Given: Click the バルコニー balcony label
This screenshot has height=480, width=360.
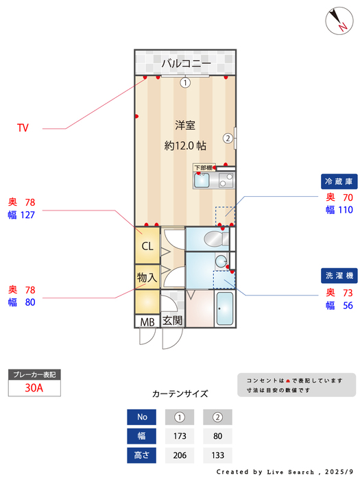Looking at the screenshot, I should [186, 64].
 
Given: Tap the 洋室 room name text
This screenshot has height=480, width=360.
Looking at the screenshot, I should [185, 125].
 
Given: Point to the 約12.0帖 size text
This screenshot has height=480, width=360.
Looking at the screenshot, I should [185, 145].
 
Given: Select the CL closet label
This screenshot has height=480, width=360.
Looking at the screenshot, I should [147, 246].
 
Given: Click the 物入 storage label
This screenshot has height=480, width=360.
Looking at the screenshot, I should [147, 278].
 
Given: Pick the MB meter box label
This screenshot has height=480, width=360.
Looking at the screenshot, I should [147, 321].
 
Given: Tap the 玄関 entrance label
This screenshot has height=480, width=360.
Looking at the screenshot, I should [172, 320].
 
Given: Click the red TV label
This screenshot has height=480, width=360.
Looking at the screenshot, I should [23, 128].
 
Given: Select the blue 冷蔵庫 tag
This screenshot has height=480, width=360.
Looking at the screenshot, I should [339, 182].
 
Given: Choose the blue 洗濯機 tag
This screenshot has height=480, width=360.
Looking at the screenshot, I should [339, 276].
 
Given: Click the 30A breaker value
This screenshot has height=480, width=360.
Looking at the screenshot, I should [34, 387].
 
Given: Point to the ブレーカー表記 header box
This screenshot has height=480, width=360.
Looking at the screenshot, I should [34, 374].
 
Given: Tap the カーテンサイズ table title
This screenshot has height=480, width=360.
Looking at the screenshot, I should [180, 394].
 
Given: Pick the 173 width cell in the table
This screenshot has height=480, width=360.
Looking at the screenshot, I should [180, 435].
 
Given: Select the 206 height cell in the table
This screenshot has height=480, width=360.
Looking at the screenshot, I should [180, 455].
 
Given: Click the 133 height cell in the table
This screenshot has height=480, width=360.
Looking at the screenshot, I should [218, 455].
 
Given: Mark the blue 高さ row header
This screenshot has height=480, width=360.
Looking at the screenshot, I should [142, 455].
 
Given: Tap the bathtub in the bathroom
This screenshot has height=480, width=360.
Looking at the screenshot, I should [226, 309].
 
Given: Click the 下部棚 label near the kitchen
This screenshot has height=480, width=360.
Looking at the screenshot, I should [204, 167].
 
